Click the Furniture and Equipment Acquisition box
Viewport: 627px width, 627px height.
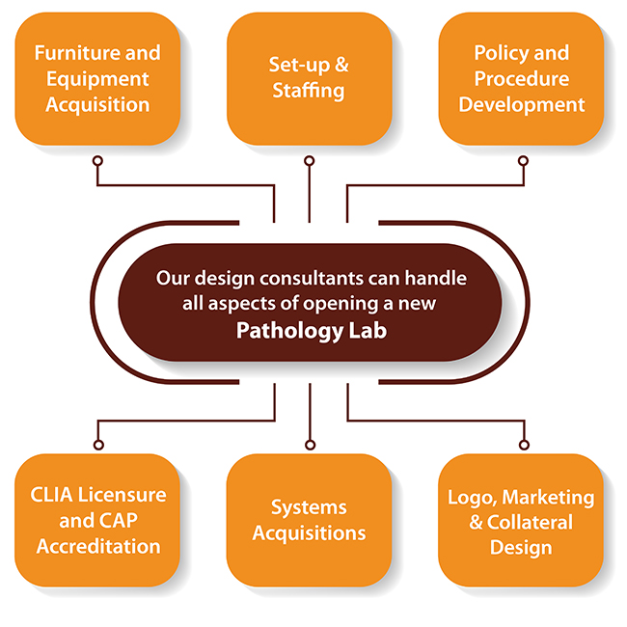coord(96,77)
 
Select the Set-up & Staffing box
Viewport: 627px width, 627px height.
coord(309,77)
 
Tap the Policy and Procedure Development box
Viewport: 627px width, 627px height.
coord(521,77)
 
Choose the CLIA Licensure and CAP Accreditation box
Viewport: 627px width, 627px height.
coord(96,520)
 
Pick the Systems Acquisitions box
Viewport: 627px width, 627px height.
coord(309,520)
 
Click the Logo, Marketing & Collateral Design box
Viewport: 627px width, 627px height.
coord(521,520)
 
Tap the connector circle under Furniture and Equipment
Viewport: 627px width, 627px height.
coord(96,160)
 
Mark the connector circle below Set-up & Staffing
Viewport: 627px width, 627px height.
coord(309,160)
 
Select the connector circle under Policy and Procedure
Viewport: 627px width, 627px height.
coord(524,160)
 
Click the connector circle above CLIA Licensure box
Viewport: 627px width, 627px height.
coord(96,445)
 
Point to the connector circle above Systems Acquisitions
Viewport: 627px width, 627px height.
coord(309,445)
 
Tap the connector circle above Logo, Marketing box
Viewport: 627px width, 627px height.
coord(524,445)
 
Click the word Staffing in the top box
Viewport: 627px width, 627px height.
coord(309,91)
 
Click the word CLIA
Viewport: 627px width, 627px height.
coord(50,496)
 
